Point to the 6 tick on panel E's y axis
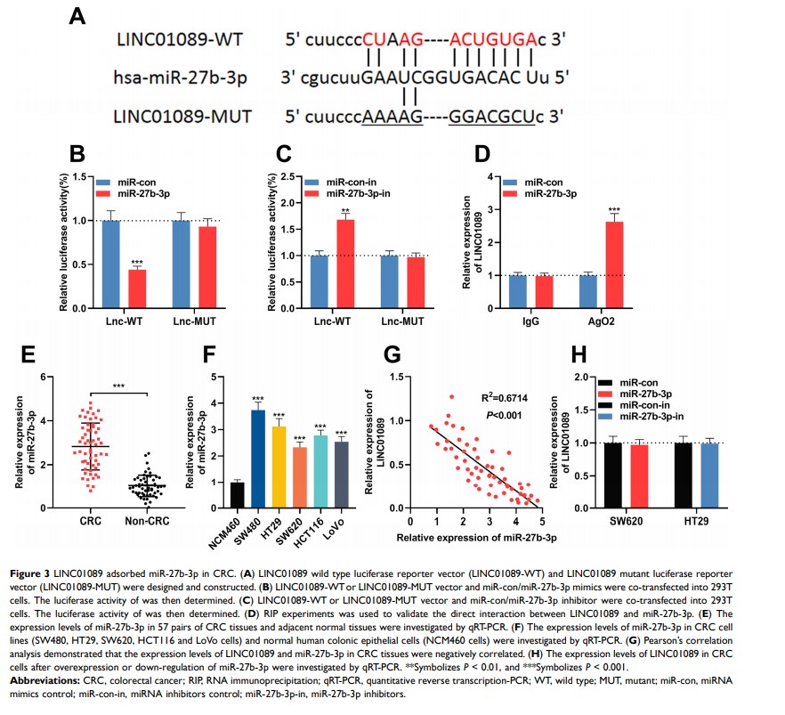42,377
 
